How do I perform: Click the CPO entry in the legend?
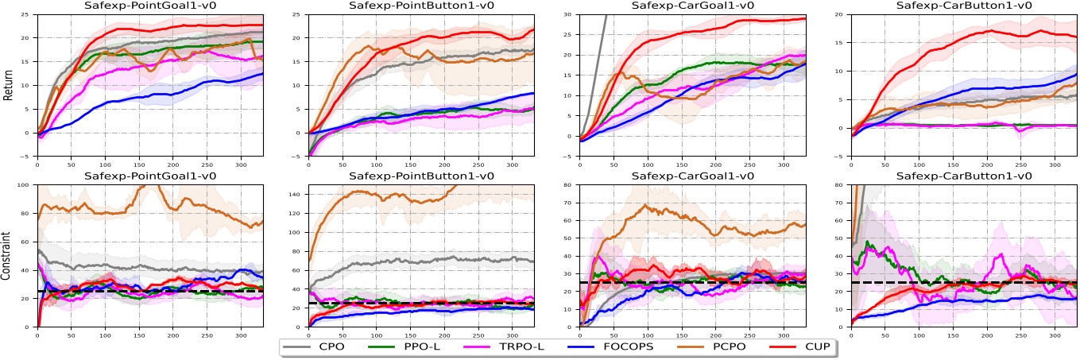point(325,348)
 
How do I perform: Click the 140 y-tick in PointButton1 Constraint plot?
point(300,194)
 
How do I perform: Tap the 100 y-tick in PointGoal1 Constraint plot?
point(29,186)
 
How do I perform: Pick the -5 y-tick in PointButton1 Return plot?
point(301,157)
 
